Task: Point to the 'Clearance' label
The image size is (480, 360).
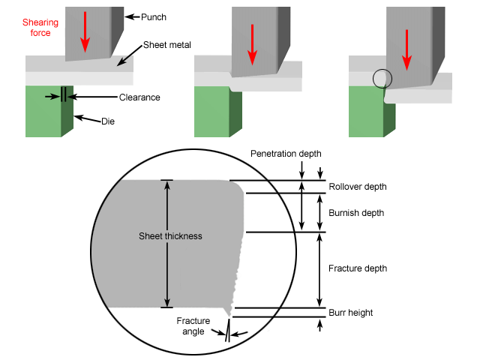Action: pos(139,97)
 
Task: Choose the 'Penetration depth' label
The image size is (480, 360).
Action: pos(285,153)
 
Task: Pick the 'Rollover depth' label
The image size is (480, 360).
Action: pos(358,186)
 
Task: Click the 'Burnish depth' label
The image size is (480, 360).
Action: pos(355,213)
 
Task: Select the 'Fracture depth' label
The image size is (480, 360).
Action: pos(357,268)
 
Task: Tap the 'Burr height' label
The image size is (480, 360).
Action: pos(350,313)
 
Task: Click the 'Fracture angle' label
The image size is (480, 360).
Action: pos(193,325)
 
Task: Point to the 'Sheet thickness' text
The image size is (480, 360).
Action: pos(171,236)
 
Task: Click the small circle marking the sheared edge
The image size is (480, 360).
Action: pos(382,78)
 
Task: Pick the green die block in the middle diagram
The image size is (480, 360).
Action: pos(212,112)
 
